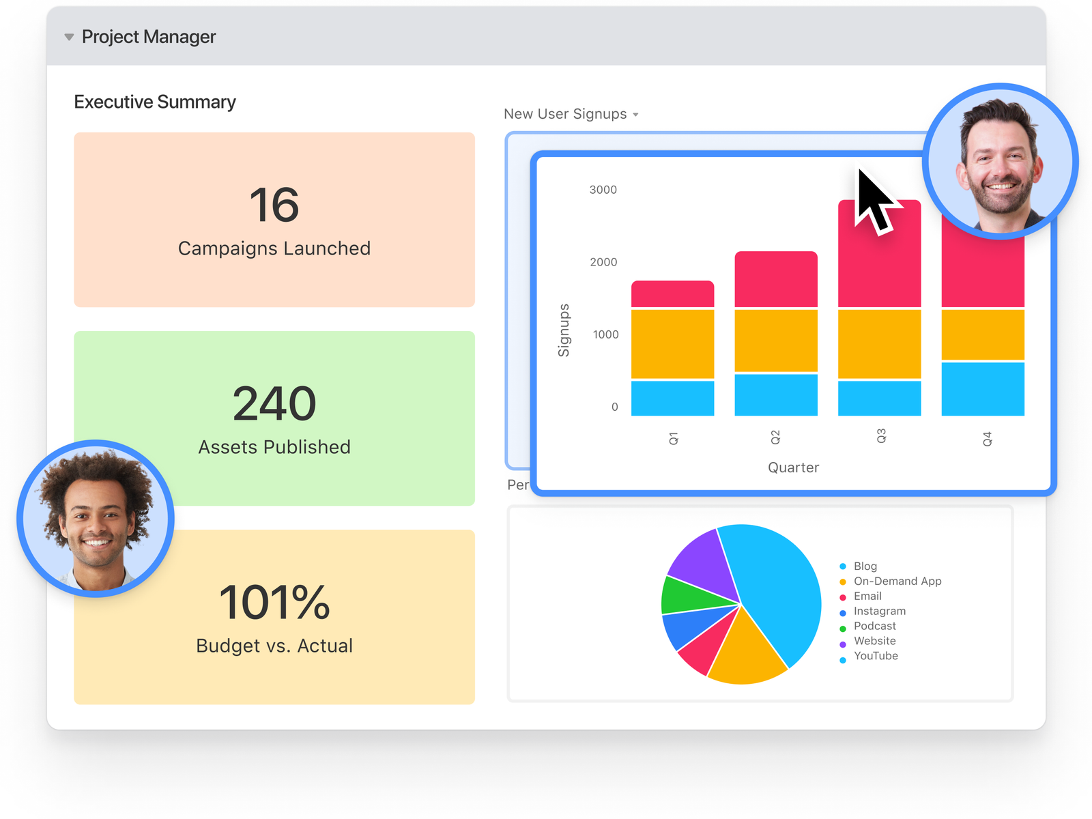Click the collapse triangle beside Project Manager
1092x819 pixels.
click(69, 37)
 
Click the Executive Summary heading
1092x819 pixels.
click(155, 102)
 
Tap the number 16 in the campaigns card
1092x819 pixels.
click(274, 204)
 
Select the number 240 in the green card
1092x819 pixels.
click(274, 403)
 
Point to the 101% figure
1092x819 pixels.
click(274, 602)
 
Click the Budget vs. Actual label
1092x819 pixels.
click(274, 646)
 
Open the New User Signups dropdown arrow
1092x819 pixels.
click(635, 115)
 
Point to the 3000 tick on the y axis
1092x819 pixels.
click(603, 190)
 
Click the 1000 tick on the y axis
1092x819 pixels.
click(605, 334)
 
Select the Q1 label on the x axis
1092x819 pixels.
click(673, 439)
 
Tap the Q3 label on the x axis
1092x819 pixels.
click(880, 436)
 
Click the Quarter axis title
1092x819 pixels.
click(793, 468)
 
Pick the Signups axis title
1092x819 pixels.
click(563, 330)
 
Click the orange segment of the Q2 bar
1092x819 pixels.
click(775, 341)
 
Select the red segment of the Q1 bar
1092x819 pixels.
click(673, 294)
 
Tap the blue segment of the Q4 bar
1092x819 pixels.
click(983, 389)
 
